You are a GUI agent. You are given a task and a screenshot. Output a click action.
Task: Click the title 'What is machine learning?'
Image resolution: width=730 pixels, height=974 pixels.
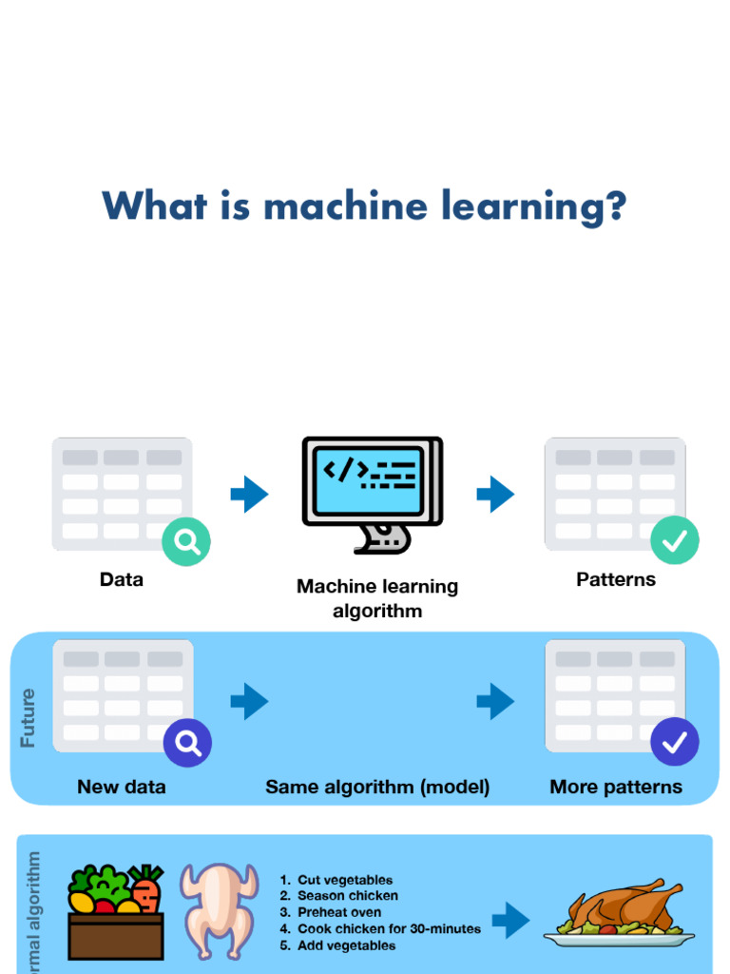[365, 206]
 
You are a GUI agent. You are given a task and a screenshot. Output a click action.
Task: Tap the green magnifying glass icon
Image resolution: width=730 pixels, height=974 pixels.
[186, 542]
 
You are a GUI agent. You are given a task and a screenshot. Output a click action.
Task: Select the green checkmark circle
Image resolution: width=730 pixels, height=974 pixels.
[675, 540]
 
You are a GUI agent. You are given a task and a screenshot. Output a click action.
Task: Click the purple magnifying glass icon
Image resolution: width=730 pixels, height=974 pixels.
[187, 743]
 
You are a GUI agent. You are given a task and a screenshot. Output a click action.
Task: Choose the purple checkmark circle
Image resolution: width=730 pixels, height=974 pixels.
[675, 742]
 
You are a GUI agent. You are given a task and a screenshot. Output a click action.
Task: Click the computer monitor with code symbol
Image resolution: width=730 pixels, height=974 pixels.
[372, 490]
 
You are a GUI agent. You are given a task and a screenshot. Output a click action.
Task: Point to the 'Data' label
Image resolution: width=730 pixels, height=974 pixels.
[122, 579]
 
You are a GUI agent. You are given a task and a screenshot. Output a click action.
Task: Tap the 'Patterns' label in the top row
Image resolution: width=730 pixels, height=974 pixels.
[616, 579]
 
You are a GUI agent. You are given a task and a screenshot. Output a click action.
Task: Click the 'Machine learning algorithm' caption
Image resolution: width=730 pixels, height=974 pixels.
[377, 598]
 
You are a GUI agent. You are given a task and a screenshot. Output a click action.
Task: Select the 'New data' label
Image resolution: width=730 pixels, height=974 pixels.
[122, 787]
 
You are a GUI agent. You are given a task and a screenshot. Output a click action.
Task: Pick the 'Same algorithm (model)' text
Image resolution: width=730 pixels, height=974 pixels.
[377, 787]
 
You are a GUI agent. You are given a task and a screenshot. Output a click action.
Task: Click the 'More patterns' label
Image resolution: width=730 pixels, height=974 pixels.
[616, 787]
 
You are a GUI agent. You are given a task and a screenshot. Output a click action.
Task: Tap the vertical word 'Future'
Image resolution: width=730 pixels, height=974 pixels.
[28, 718]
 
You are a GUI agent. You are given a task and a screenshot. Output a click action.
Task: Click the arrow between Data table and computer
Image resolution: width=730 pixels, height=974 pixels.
[249, 494]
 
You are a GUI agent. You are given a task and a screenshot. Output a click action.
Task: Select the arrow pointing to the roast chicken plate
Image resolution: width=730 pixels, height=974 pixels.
[511, 920]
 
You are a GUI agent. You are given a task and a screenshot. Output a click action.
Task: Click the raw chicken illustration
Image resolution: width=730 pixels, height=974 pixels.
[219, 908]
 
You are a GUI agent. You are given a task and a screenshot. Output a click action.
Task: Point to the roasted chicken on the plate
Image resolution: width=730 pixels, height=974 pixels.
[622, 908]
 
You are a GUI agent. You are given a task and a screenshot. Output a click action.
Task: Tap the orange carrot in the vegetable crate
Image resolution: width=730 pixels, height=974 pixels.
[145, 892]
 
